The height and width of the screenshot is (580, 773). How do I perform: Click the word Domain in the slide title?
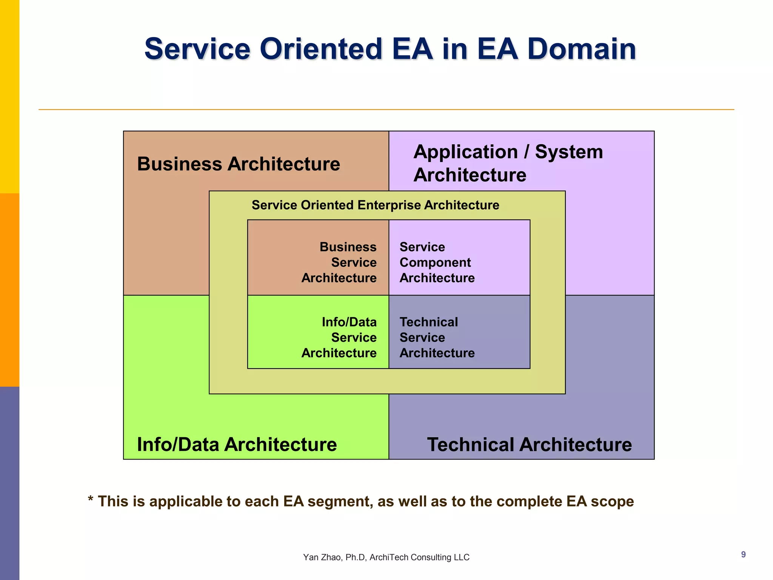pyautogui.click(x=581, y=49)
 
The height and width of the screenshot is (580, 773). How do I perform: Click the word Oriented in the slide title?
pyautogui.click(x=321, y=49)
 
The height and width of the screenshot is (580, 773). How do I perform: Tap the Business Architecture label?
pyautogui.click(x=239, y=164)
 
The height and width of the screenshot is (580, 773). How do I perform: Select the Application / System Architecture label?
pyautogui.click(x=508, y=163)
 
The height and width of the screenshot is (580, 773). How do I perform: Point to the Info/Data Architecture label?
pyautogui.click(x=237, y=444)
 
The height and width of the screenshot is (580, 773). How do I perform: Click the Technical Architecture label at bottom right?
pyautogui.click(x=529, y=444)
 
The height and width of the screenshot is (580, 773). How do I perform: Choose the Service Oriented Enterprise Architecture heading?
pyautogui.click(x=375, y=205)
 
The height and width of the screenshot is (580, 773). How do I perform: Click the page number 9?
pyautogui.click(x=743, y=554)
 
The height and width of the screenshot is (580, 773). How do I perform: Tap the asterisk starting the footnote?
pyautogui.click(x=91, y=500)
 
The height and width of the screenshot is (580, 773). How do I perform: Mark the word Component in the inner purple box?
pyautogui.click(x=435, y=262)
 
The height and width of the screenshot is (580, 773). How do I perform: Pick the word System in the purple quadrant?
pyautogui.click(x=569, y=152)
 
